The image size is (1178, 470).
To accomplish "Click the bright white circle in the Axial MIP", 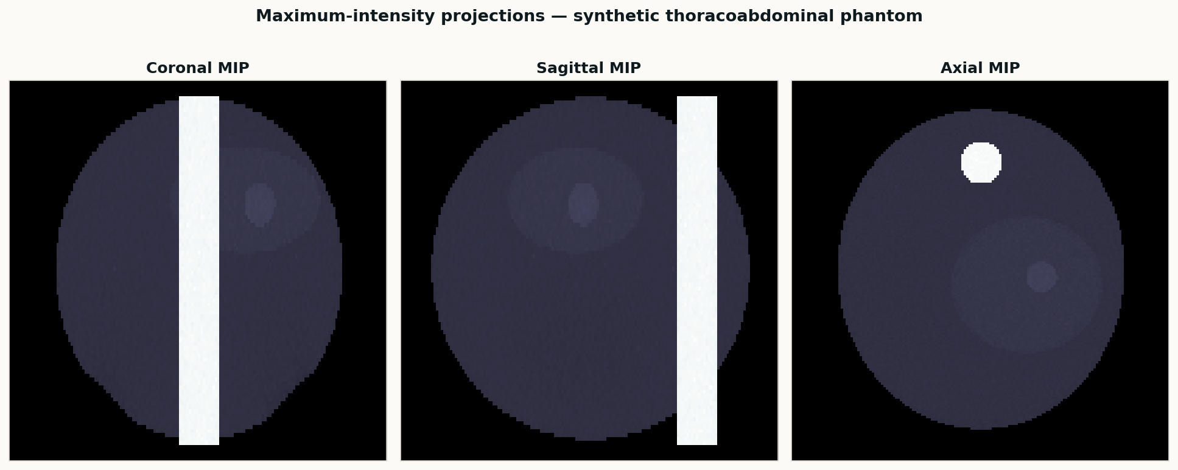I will coord(981,163).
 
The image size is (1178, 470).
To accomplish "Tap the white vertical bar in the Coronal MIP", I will coord(199,270).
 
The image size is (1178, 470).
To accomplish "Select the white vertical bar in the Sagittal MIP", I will coord(697,270).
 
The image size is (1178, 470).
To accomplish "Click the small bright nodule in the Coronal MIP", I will coord(260,205).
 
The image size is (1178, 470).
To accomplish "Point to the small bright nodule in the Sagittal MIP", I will coord(583,205).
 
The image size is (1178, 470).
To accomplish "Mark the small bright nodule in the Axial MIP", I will coord(1042,277).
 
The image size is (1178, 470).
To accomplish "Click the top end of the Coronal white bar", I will coord(199,99).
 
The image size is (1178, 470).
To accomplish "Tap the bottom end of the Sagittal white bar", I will coord(697,442).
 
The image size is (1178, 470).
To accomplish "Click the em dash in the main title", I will coord(559,16).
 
